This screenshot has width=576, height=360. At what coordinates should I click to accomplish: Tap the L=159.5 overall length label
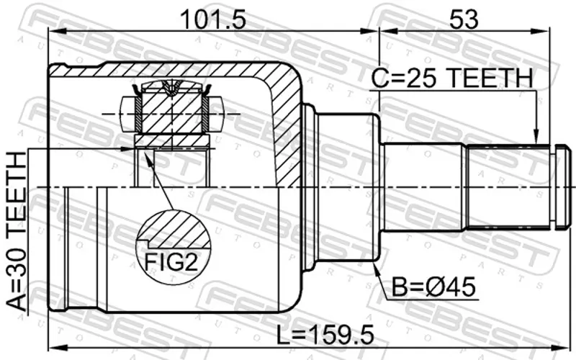tap(325, 335)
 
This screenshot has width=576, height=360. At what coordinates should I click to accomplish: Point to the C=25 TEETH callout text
tap(452, 78)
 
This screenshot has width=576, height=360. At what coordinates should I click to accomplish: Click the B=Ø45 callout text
tap(433, 287)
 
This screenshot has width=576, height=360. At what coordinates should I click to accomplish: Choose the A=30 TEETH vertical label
tap(17, 231)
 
